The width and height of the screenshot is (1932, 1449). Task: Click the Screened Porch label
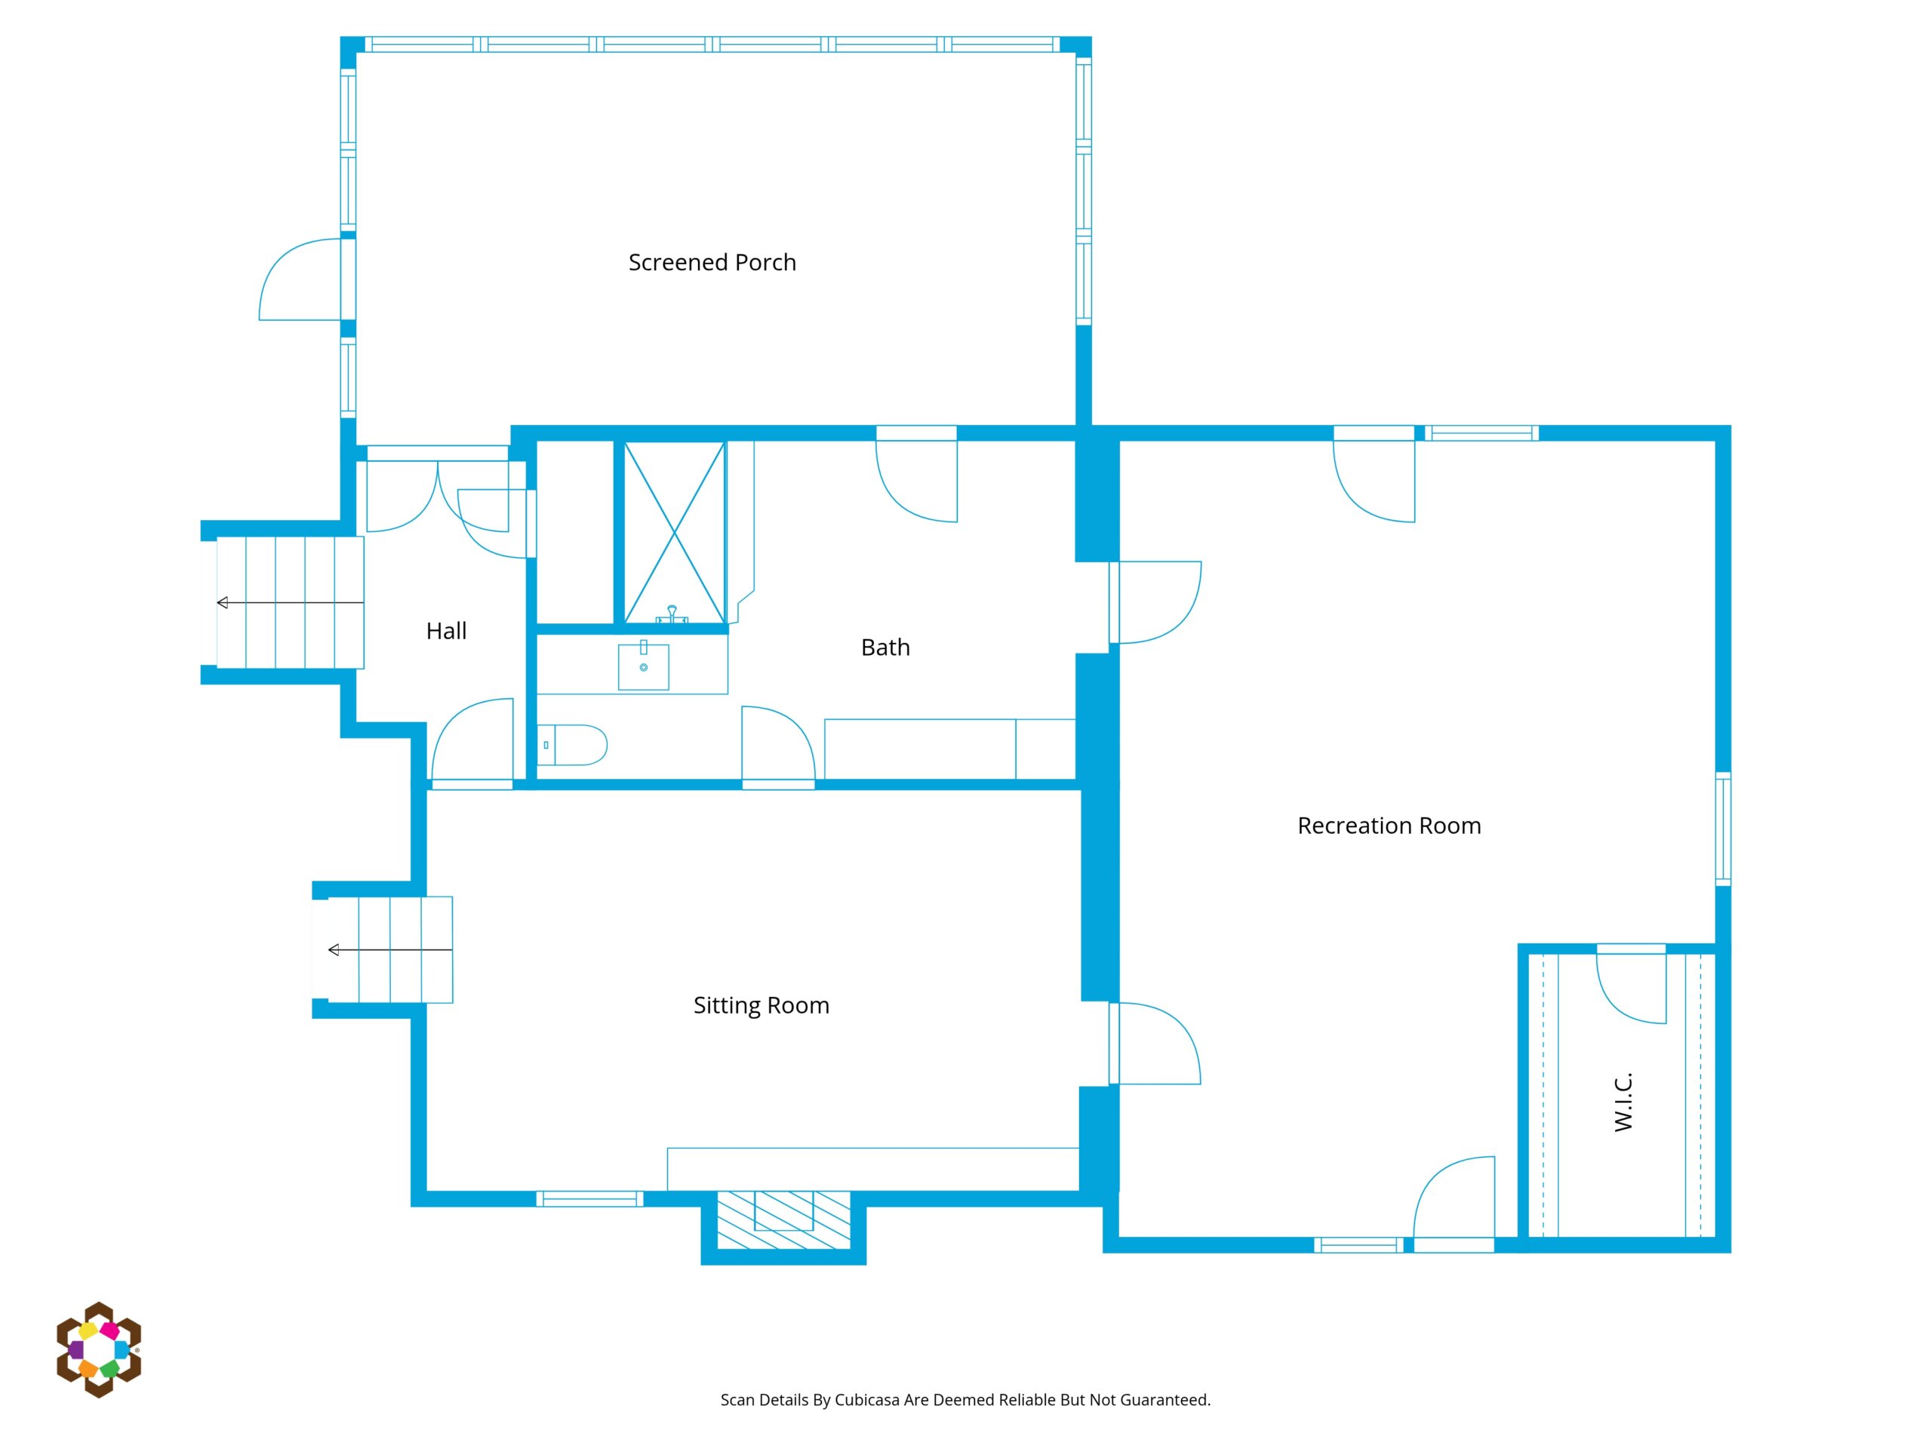pos(712,263)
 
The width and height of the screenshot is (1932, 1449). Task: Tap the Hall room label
pos(446,631)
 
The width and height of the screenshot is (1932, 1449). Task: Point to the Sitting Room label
pos(761,1005)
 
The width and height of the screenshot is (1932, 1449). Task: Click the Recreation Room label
pos(1389,826)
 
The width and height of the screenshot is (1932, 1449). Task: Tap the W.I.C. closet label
pos(1623,1103)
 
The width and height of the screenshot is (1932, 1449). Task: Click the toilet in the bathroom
pos(572,745)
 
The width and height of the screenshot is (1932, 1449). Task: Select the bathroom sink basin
pos(644,667)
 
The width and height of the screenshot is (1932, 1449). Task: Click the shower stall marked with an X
pos(674,533)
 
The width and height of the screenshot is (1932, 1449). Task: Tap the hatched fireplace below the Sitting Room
pos(783,1220)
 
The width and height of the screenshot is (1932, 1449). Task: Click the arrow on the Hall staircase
pos(290,603)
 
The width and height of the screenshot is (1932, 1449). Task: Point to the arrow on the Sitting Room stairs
pos(390,949)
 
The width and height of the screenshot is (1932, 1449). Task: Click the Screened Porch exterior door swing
pos(300,279)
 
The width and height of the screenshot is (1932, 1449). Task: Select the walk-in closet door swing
pos(1631,988)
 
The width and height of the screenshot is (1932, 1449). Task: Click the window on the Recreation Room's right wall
pos(1723,829)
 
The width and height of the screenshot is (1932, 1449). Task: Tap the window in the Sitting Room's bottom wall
pos(589,1199)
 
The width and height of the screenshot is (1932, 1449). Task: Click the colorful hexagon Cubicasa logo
pos(99,1349)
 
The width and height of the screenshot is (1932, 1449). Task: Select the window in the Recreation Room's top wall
pos(1481,433)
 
